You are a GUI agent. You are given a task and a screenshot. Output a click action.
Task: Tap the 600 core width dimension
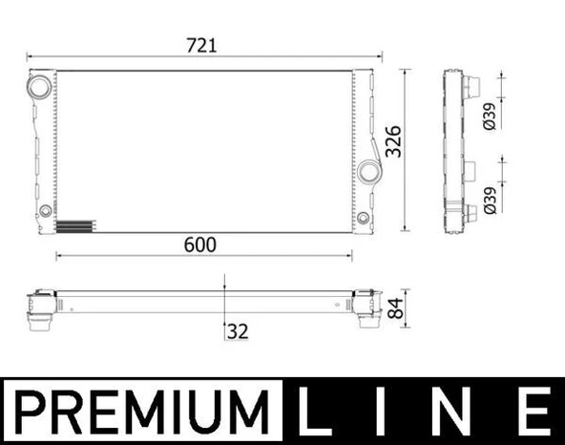[x=202, y=244]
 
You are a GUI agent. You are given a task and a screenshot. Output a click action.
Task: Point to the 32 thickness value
[x=237, y=333]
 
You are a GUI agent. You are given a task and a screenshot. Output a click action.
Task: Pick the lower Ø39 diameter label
[x=489, y=196]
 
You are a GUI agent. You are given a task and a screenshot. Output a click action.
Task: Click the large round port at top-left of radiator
[x=41, y=87]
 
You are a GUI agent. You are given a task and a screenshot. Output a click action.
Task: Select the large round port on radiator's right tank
[x=370, y=172]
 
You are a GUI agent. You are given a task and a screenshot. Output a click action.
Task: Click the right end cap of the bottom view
[x=366, y=308]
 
